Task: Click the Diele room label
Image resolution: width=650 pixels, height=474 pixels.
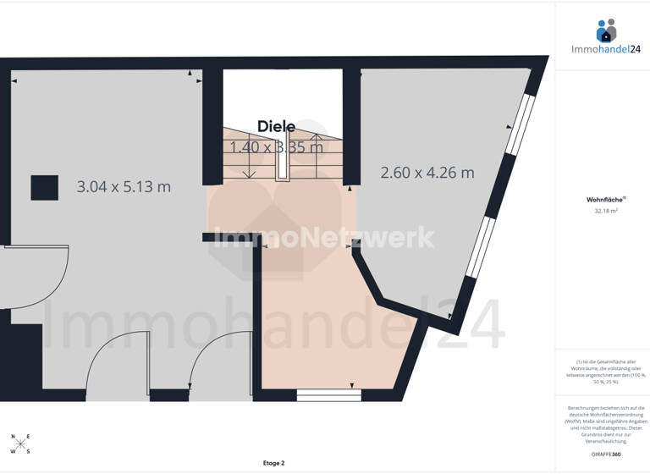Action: coord(276,127)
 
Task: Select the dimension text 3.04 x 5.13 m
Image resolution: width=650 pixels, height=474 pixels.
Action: coord(124,187)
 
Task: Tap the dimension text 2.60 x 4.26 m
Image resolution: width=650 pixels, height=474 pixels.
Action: coord(427,173)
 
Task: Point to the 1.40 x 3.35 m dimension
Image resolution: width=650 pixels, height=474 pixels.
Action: coord(276,147)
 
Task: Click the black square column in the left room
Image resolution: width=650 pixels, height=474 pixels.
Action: coord(45,187)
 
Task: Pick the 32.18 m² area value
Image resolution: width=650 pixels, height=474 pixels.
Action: coord(605,212)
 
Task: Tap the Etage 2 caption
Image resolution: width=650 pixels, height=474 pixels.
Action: coord(273,463)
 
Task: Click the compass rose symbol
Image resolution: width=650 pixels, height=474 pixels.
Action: coord(20,444)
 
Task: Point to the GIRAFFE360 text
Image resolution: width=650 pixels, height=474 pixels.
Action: coord(605,455)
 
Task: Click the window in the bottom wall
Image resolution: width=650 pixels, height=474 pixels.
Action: coord(328,394)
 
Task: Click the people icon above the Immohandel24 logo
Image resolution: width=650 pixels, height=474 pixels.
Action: coord(606,30)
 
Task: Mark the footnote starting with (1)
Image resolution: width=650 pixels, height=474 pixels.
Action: coord(605,372)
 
